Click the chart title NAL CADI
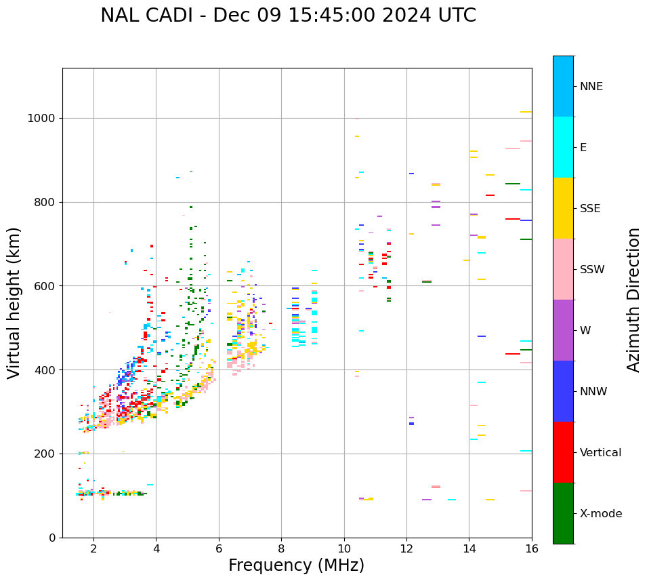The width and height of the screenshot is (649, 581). [288, 16]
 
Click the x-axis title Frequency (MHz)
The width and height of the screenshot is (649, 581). [296, 565]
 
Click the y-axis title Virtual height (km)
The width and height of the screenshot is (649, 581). [14, 302]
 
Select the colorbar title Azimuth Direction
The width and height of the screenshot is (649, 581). [633, 300]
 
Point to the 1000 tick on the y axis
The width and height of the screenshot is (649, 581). [42, 118]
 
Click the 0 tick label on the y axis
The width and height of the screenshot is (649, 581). [51, 538]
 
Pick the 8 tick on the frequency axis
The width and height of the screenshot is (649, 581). [281, 548]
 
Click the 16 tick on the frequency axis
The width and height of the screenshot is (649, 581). [532, 548]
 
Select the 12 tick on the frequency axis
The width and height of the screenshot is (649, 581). [406, 548]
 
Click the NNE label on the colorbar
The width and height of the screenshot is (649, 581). [591, 87]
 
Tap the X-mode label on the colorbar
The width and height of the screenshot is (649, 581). [601, 514]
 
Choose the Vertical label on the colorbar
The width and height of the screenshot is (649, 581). [601, 453]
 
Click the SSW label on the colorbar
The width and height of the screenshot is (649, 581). [592, 270]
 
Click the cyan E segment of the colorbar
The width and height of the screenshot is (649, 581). [563, 147]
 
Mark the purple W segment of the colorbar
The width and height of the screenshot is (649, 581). [563, 330]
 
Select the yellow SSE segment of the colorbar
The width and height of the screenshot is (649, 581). [563, 208]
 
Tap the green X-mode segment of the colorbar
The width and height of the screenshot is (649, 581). [563, 513]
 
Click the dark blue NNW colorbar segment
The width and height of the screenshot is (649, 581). [563, 391]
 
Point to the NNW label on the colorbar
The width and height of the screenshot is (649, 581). [593, 392]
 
